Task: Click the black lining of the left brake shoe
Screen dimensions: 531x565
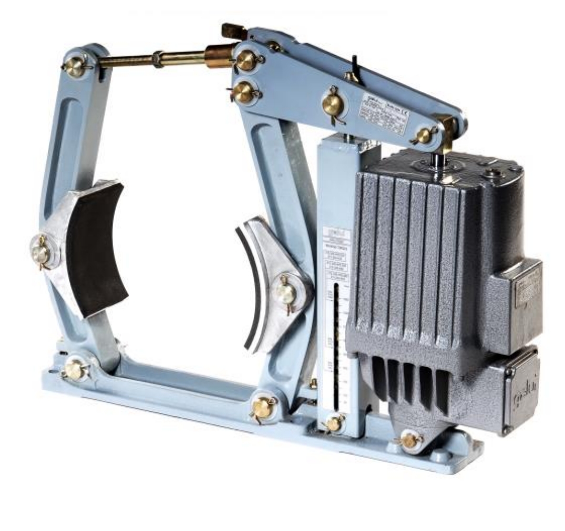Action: coord(97,247)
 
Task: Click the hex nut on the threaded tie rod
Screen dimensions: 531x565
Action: coord(156,60)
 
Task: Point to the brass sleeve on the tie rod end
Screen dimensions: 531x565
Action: coord(218,56)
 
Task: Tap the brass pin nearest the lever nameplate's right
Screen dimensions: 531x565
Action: coord(424,136)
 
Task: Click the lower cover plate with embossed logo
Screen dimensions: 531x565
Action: coord(520,391)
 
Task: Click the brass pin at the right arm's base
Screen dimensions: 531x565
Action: coord(262,408)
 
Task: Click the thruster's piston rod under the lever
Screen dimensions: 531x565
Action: coord(437,158)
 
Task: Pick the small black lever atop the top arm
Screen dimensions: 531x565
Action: coord(355,68)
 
